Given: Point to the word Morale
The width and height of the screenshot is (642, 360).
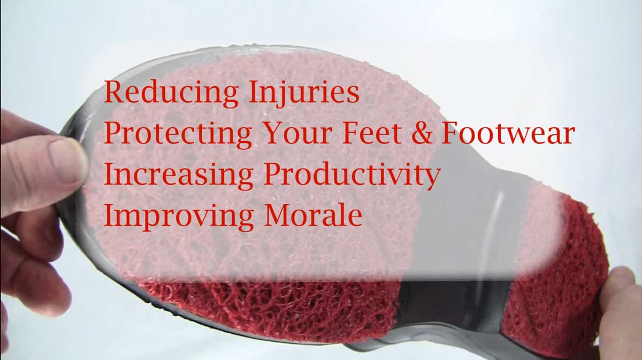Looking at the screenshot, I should (314, 215).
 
